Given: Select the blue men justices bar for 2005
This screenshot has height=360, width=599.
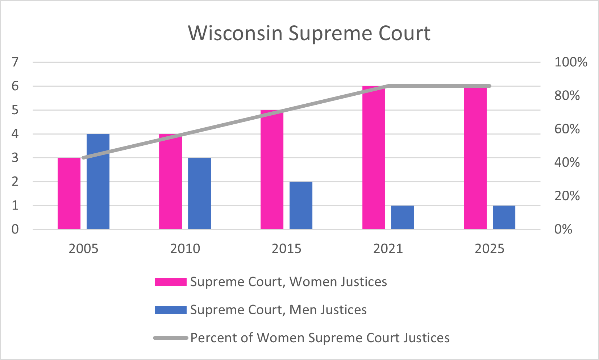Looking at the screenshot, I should click(98, 181).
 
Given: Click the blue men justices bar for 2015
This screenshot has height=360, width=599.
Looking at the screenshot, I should click(301, 205).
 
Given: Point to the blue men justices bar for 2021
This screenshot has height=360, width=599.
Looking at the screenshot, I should click(402, 217).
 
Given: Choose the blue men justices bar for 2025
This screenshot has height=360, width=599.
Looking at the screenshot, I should click(504, 217).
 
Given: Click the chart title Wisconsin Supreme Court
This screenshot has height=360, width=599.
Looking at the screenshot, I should click(309, 33).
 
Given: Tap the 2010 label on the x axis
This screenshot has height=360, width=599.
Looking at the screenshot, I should click(185, 249).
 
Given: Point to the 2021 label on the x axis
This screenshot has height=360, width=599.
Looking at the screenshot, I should click(388, 249).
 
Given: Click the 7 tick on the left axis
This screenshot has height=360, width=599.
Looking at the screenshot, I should click(15, 62).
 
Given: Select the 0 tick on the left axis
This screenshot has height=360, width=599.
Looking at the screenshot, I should click(15, 229).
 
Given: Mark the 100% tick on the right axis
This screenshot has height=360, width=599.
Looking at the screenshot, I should click(571, 62).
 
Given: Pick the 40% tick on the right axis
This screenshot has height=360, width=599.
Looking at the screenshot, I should click(567, 162).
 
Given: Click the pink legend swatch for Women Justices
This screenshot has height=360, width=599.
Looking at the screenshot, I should click(170, 282).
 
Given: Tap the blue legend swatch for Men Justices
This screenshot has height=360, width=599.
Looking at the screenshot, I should click(170, 310).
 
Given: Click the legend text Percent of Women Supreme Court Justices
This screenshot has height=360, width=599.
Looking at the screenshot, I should click(320, 338).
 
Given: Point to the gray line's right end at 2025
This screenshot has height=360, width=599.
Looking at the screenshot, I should click(490, 86).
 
